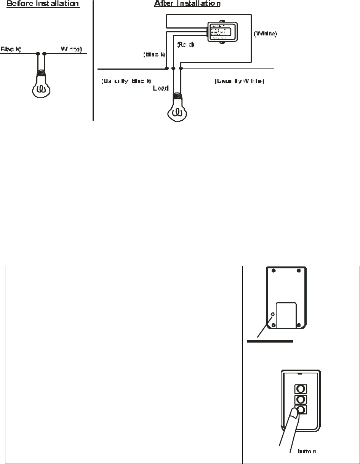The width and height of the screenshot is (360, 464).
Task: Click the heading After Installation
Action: click(x=187, y=4)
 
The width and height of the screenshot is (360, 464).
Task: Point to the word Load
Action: click(x=160, y=88)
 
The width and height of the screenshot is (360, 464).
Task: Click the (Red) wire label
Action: click(x=186, y=45)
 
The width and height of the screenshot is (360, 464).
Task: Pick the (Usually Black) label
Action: click(x=126, y=81)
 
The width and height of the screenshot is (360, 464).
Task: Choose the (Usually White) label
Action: click(x=239, y=81)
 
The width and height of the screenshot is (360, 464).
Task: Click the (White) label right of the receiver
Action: click(x=266, y=34)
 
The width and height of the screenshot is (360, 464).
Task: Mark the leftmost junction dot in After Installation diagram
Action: click(x=166, y=69)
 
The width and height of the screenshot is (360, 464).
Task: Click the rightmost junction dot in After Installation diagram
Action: click(x=181, y=69)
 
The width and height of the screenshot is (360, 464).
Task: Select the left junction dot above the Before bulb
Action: click(x=38, y=54)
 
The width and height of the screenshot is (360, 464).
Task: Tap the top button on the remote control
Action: click(x=300, y=389)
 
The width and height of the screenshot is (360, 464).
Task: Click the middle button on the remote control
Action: click(x=300, y=400)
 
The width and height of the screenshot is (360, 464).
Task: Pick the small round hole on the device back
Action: click(x=272, y=314)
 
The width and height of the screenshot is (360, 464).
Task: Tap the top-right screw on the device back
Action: click(x=299, y=271)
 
